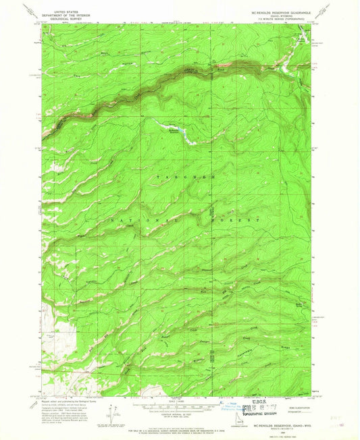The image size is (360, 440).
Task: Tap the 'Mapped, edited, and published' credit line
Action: pos(64,402)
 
